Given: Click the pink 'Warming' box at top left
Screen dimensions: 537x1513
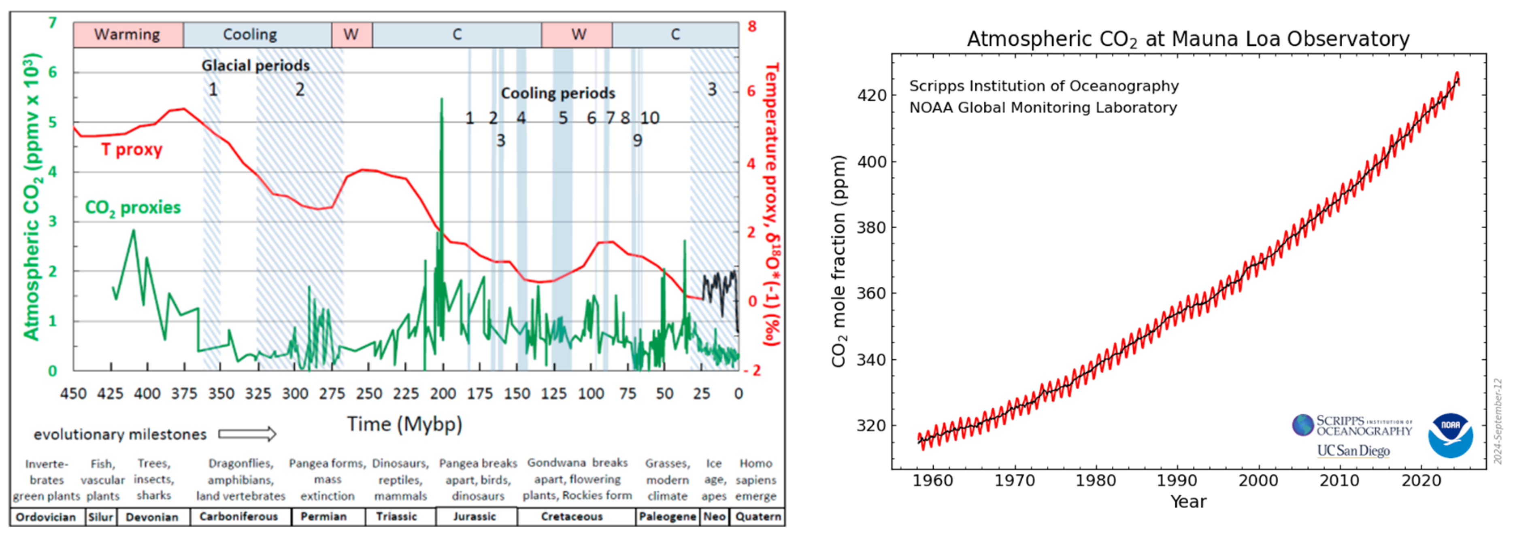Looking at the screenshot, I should pyautogui.click(x=128, y=35).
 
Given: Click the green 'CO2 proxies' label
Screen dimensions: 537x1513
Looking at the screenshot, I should pyautogui.click(x=133, y=207).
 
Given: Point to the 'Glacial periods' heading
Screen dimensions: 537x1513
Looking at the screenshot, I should pyautogui.click(x=255, y=65).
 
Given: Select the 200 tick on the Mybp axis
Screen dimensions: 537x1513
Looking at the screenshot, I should pyautogui.click(x=443, y=393).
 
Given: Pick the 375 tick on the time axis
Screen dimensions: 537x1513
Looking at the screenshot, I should pyautogui.click(x=184, y=393).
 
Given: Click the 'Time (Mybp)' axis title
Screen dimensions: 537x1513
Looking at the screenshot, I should pyautogui.click(x=404, y=424).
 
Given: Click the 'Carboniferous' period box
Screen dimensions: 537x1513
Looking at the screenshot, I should pyautogui.click(x=238, y=516).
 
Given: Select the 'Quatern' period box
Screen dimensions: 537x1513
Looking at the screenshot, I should pyautogui.click(x=758, y=516).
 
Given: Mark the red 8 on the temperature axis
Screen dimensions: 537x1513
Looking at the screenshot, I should pyautogui.click(x=752, y=26).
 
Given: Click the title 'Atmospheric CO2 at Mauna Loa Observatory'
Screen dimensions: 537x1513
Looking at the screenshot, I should pyautogui.click(x=1187, y=39).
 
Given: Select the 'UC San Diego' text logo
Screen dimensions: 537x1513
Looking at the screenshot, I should pyautogui.click(x=1353, y=451).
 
